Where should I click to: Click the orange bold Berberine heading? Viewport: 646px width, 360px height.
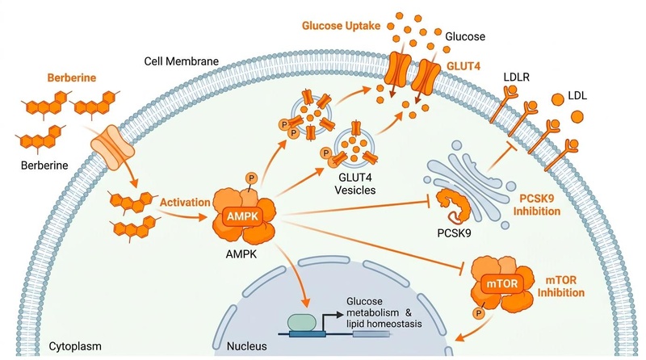pos(72,77)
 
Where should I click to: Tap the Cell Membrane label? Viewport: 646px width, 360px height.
pos(181,61)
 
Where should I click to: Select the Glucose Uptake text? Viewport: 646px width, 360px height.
pos(341,26)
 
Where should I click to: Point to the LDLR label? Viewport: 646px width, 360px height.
pos(516,77)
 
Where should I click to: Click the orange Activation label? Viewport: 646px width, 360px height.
pos(185,203)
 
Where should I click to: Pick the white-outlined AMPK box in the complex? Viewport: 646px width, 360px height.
pos(242,216)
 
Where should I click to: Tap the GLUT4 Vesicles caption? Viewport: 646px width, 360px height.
pos(354,184)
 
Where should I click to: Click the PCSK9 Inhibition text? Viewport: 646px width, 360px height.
pos(536,205)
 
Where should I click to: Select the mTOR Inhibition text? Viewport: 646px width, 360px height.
pos(560,287)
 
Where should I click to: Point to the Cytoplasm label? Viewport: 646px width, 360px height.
pos(75,346)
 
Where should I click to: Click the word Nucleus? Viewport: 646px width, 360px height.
pos(247,346)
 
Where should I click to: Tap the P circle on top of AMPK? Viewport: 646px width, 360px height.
pos(251,178)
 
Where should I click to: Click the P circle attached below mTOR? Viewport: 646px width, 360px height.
pos(478,314)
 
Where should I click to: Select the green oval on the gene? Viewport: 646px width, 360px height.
pos(302,323)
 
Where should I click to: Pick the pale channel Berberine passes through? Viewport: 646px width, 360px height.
pos(112,148)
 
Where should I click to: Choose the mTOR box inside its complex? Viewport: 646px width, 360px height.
pos(501,284)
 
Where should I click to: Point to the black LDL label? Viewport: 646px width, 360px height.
pos(577,96)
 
